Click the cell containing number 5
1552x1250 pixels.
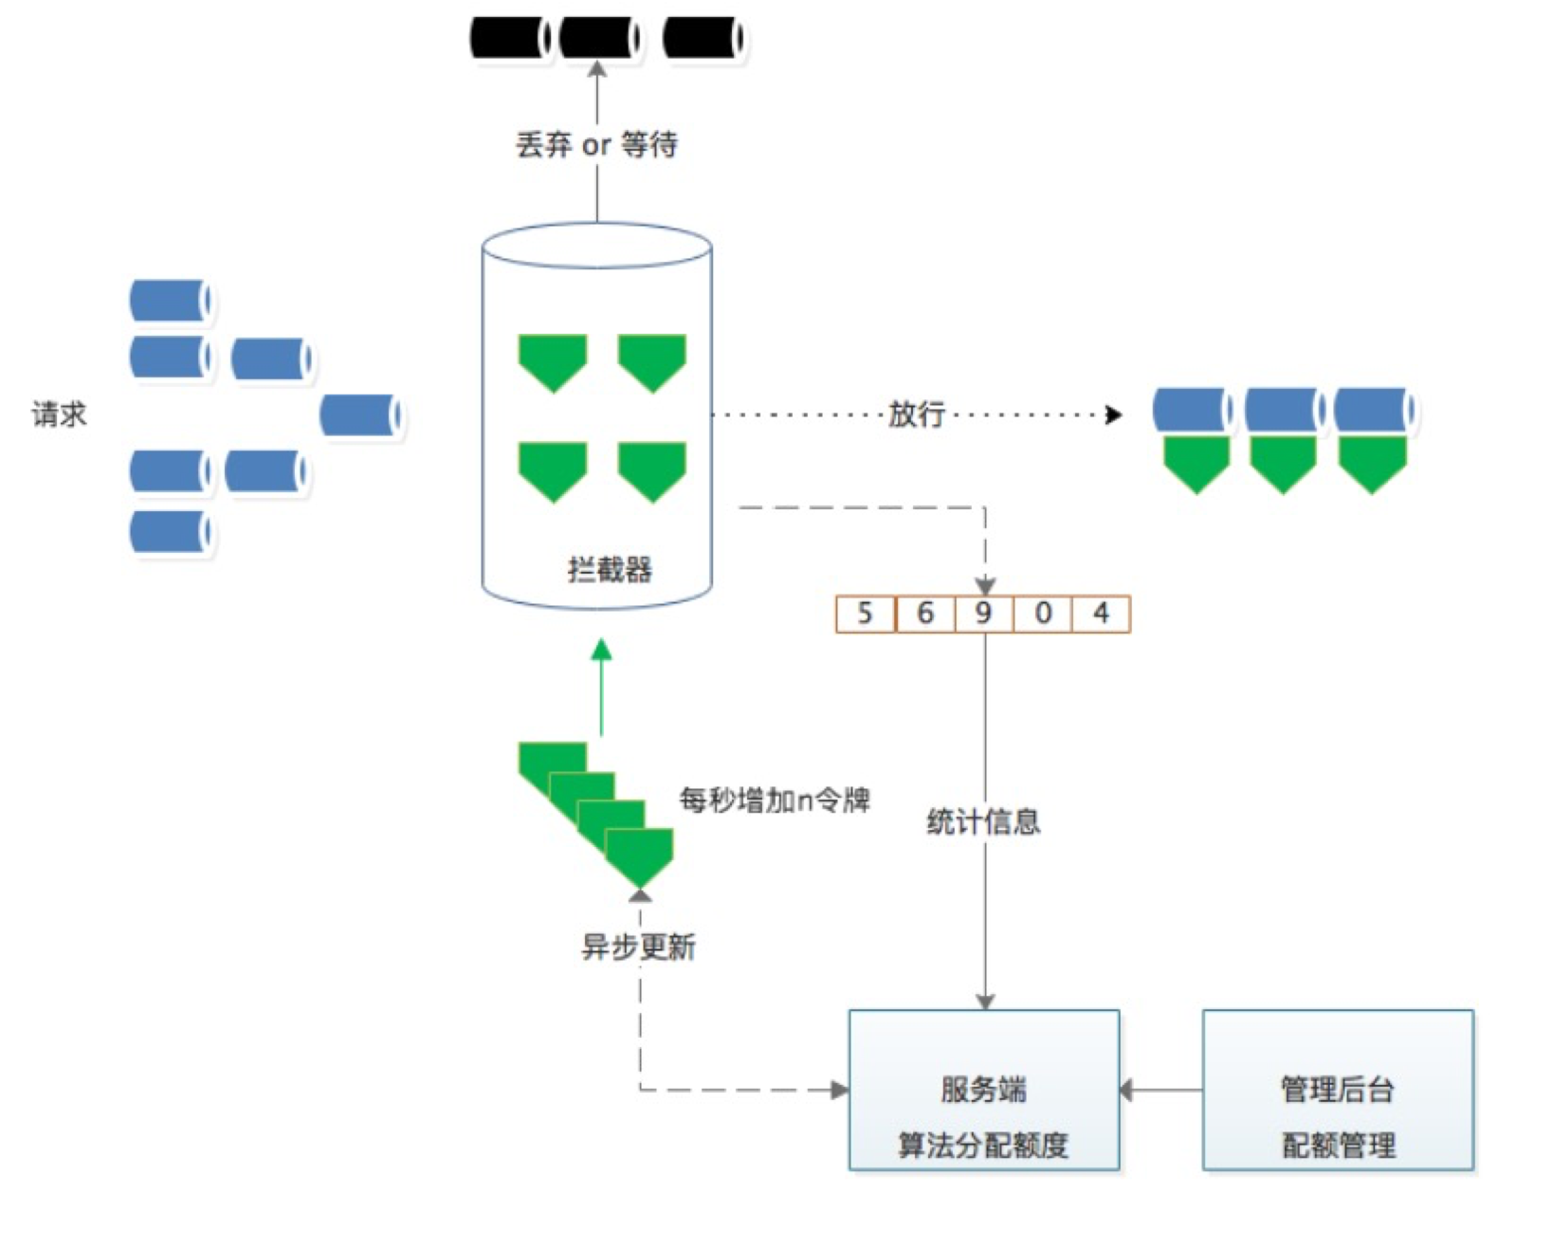click(x=866, y=615)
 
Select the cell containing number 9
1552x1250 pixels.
click(x=984, y=615)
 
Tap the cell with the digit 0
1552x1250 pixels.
click(x=1043, y=615)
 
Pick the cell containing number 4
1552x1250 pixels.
click(x=1102, y=615)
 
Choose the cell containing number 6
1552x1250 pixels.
click(x=925, y=615)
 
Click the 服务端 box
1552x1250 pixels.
click(x=984, y=1090)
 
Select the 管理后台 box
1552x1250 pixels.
click(x=1338, y=1090)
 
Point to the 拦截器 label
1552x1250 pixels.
click(x=611, y=569)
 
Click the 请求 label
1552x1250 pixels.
click(x=59, y=414)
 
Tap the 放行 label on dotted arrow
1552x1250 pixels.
click(x=916, y=414)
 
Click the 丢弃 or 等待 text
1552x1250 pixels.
click(x=596, y=144)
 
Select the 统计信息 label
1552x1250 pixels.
click(x=984, y=821)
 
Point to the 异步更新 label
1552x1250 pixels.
click(x=638, y=947)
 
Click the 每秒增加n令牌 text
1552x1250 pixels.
click(x=775, y=800)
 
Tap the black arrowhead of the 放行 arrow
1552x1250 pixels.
click(x=1114, y=414)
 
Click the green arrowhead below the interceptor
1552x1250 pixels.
click(x=601, y=650)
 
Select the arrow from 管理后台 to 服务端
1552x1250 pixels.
click(x=1161, y=1090)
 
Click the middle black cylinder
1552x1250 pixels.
click(x=600, y=38)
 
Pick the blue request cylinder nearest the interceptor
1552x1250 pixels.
click(x=361, y=415)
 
